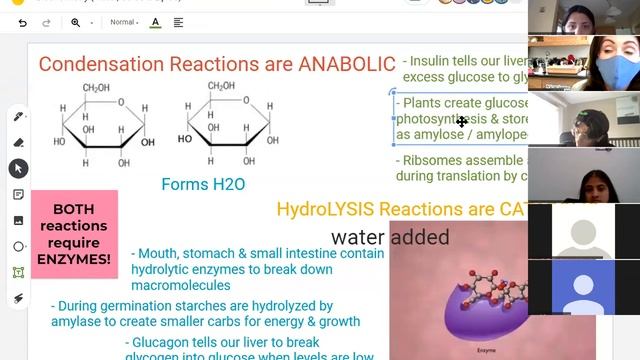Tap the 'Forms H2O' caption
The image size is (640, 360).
coord(203,184)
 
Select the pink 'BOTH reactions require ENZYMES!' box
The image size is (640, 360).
coord(74,233)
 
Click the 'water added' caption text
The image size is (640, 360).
coord(390,237)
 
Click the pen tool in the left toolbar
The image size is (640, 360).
coord(18,117)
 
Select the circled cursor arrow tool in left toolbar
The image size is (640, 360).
coord(18,168)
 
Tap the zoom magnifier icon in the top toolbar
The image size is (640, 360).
coord(76,22)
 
